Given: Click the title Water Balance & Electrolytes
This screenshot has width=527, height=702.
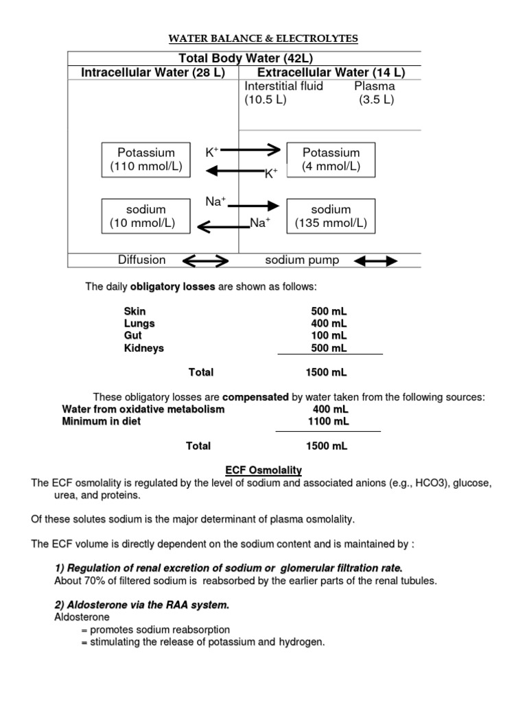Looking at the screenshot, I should pos(264,39).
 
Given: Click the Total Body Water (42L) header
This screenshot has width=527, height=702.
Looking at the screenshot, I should pos(244,58).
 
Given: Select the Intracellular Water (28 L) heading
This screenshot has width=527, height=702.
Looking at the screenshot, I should pos(153,73).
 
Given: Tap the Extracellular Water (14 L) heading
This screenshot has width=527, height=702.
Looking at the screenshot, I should pos(331,73).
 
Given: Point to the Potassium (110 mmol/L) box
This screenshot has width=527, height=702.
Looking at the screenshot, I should pos(146,160).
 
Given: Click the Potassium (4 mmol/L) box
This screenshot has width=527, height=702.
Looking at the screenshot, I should pos(331,160).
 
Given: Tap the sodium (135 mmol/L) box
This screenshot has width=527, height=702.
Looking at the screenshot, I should pos(331,216).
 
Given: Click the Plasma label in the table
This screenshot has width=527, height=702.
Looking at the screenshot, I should pos(374,86).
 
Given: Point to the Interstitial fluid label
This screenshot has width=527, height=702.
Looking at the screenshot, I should pos(283,86).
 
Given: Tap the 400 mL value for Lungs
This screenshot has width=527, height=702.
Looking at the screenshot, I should pos(329,324).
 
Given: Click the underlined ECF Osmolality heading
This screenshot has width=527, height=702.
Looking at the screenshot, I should pos(264,470).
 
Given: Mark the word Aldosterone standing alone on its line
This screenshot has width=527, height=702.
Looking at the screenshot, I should pos(82,617).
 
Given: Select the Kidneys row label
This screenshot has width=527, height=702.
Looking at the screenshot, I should pos(144,348).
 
